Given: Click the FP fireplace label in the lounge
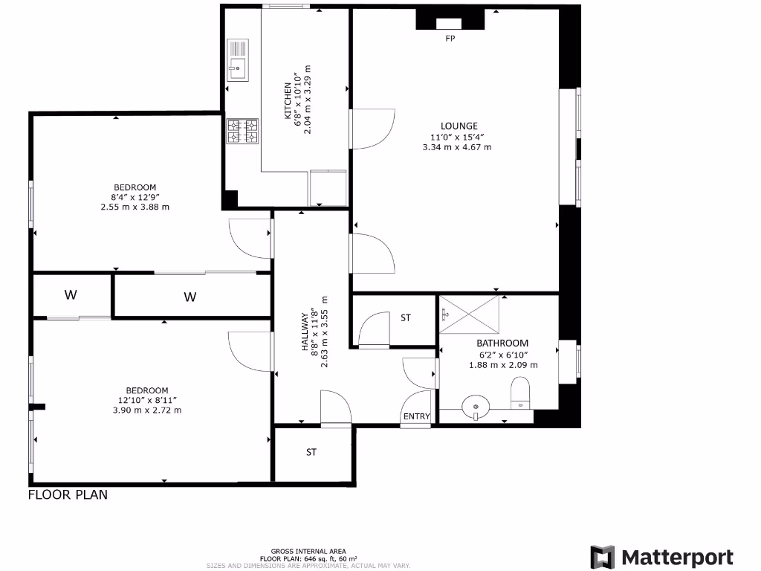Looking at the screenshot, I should click(450, 39).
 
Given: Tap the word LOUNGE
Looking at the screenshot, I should click(459, 126).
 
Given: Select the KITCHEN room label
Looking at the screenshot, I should click(288, 100).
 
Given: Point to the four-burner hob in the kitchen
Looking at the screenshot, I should click(242, 132).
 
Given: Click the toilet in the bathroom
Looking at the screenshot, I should click(521, 393).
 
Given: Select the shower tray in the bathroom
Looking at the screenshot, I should click(469, 313).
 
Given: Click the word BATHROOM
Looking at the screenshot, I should click(502, 343).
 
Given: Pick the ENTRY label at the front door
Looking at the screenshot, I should click(416, 416).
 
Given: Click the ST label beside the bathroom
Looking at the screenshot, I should click(406, 318).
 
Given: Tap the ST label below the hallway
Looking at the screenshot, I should click(311, 452).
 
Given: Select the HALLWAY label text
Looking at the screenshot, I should click(305, 331).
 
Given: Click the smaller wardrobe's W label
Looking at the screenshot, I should click(71, 295).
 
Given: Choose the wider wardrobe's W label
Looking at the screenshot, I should click(190, 297).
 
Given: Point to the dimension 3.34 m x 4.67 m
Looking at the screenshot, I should click(457, 147).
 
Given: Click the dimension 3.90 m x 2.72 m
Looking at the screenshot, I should click(147, 410).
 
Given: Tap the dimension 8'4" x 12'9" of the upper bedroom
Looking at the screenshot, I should click(135, 197).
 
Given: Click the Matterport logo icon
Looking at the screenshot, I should click(603, 558).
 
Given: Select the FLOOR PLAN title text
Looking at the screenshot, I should click(68, 494).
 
